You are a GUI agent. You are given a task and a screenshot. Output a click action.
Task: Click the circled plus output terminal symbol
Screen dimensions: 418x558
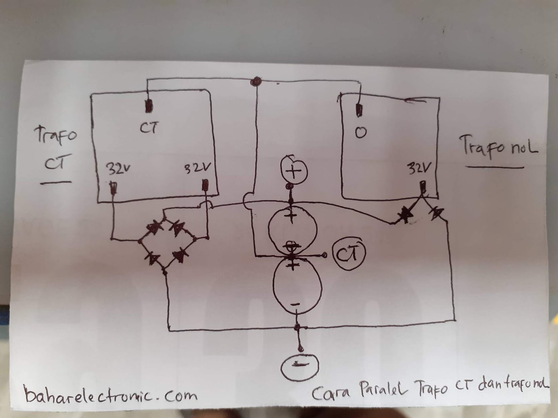pyautogui.click(x=294, y=171)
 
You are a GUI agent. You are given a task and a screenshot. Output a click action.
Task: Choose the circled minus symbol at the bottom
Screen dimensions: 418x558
pyautogui.click(x=300, y=366)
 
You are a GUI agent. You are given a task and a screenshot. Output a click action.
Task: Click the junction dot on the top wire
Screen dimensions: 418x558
pyautogui.click(x=256, y=82)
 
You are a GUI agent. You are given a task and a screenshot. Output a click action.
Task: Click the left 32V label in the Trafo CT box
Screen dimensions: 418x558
pyautogui.click(x=117, y=170)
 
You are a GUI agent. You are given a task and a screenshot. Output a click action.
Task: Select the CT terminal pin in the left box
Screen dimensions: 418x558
pyautogui.click(x=149, y=106)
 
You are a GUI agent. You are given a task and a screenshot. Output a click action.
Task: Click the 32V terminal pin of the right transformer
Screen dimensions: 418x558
pyautogui.click(x=423, y=188)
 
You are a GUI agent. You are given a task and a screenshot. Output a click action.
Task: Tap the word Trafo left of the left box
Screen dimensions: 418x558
pyautogui.click(x=55, y=134)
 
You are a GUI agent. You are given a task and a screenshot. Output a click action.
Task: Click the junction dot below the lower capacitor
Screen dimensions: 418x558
pyautogui.click(x=297, y=327)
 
